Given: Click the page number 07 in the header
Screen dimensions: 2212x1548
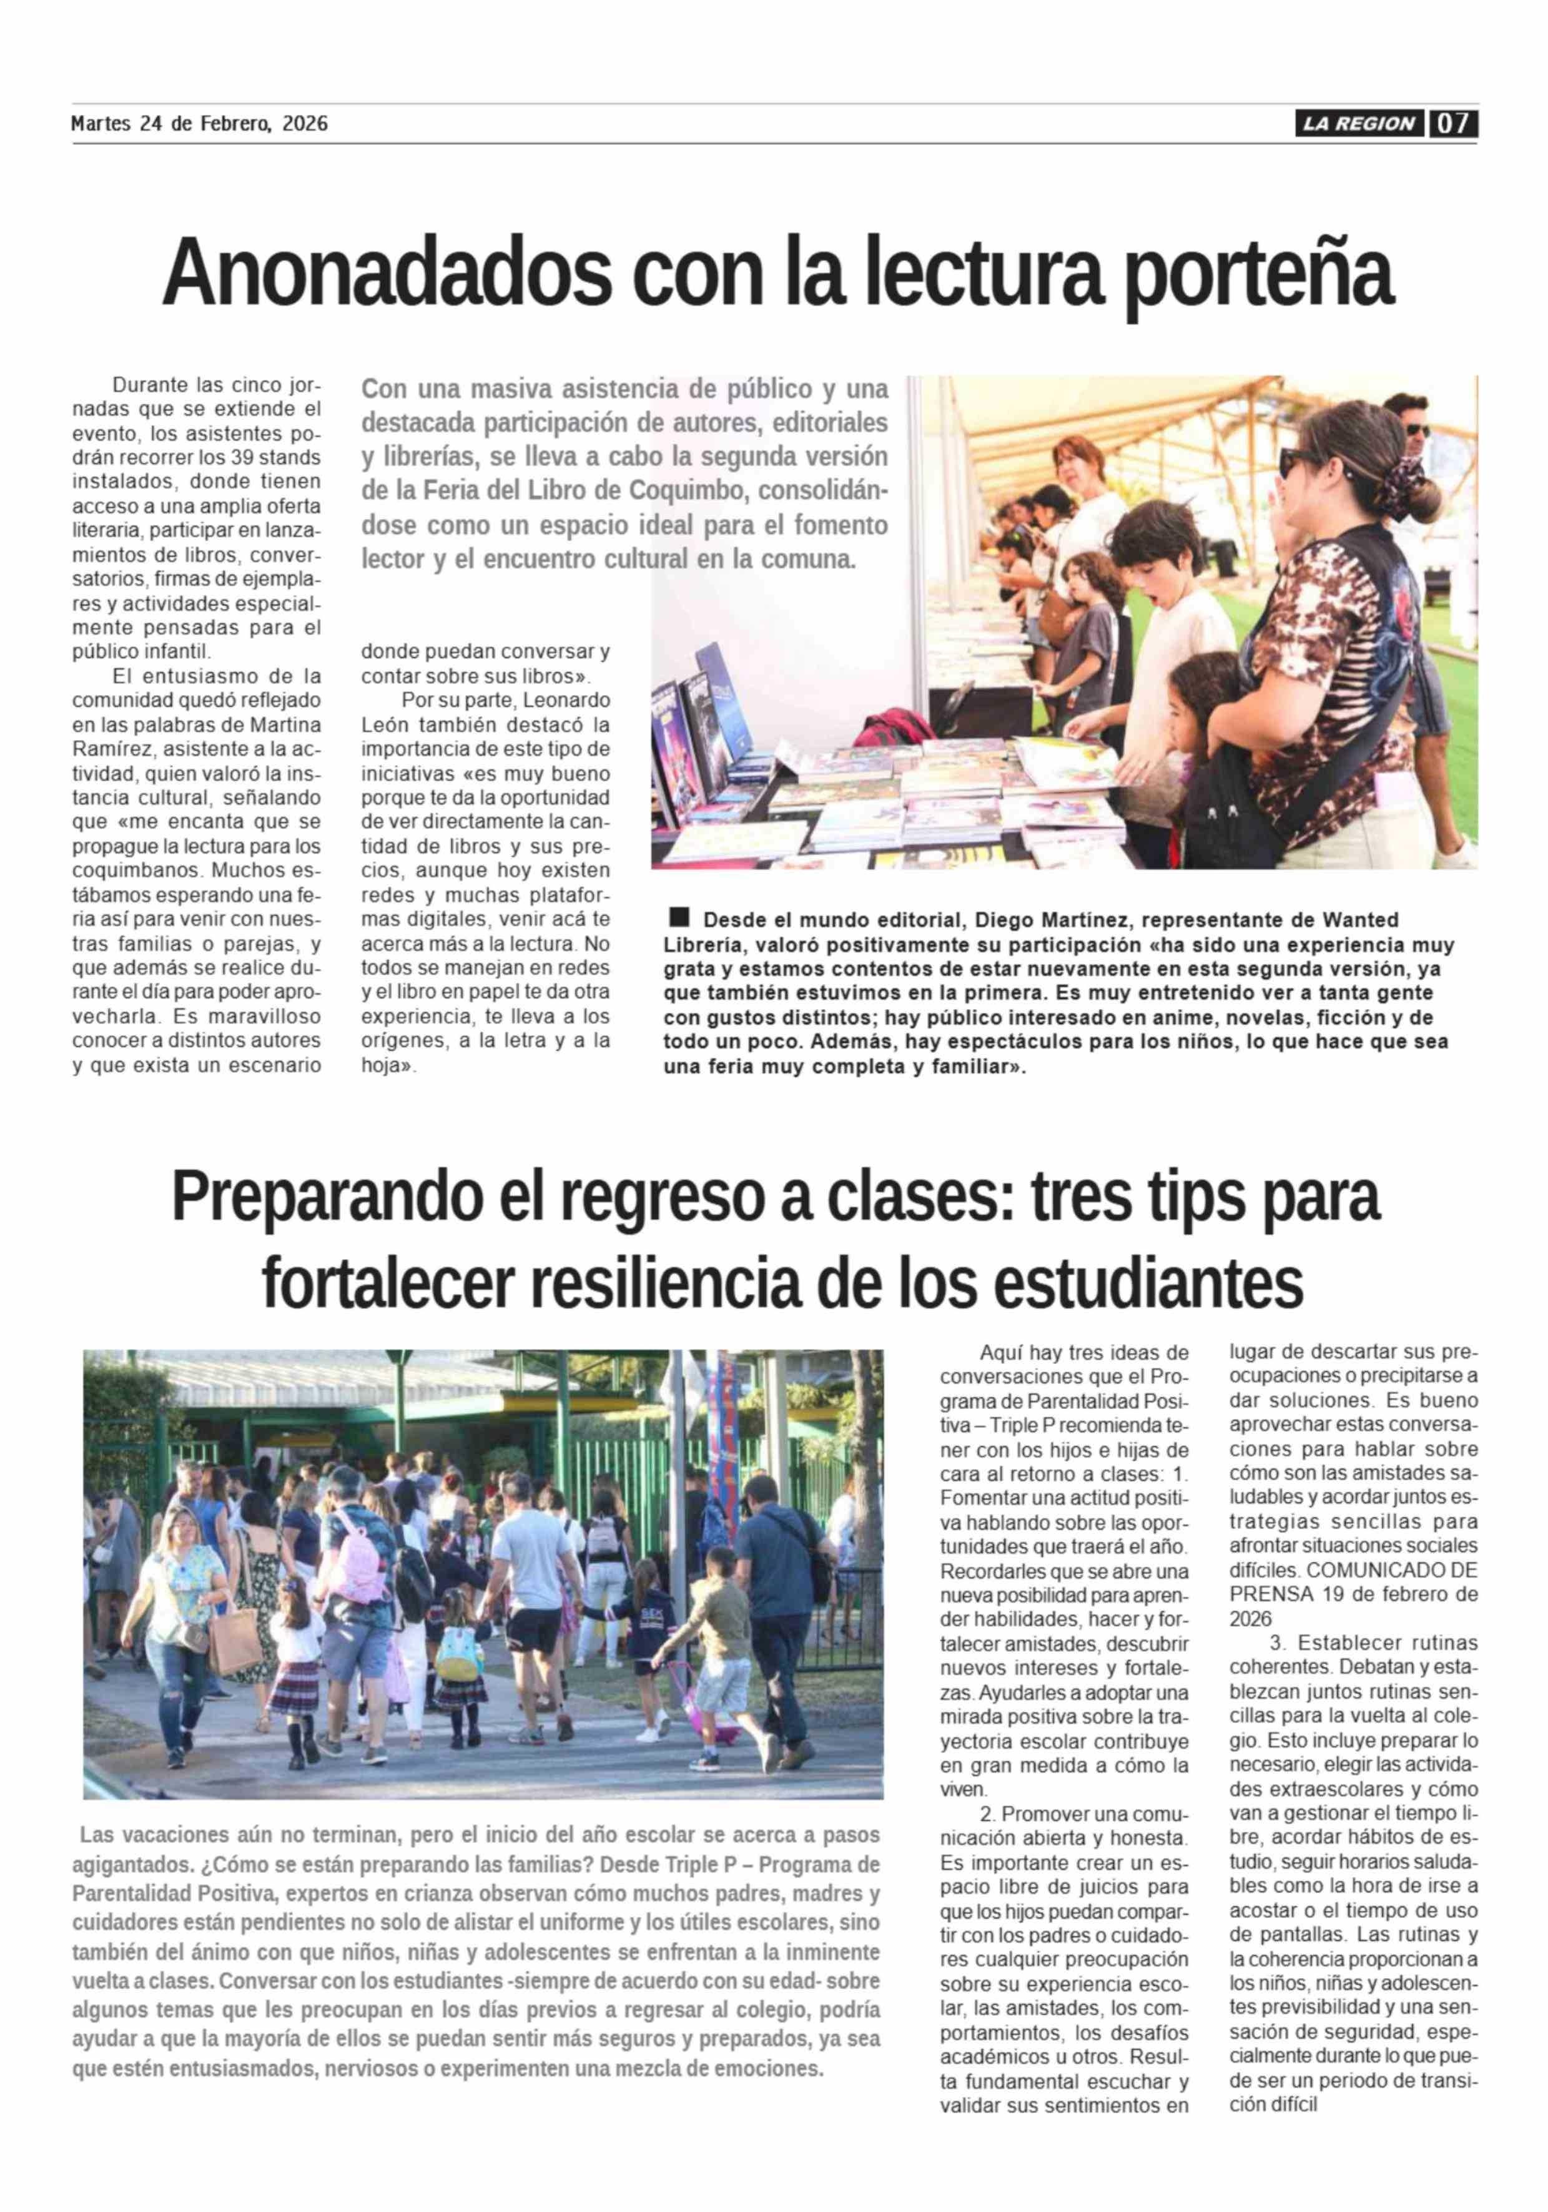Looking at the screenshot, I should click(x=1454, y=123).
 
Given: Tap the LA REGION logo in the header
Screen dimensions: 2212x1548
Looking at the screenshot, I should click(x=1358, y=123).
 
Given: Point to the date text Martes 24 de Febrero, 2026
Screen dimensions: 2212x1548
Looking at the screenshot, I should click(x=199, y=123).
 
